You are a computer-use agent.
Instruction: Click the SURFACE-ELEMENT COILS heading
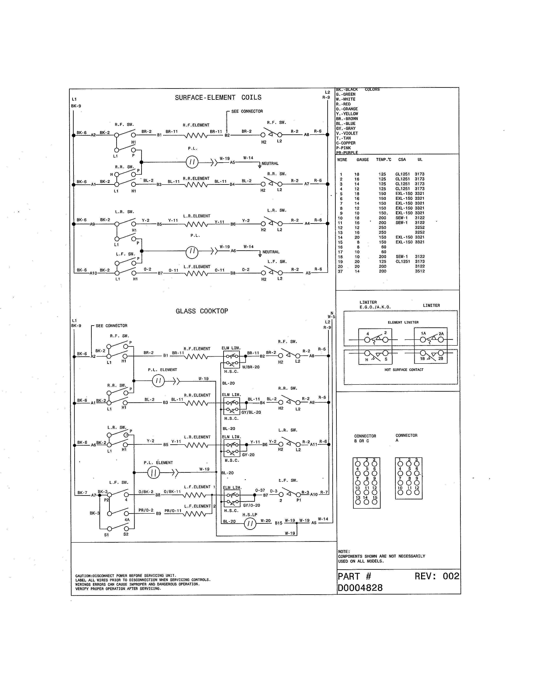click(x=218, y=97)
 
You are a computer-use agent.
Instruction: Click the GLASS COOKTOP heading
click(x=202, y=311)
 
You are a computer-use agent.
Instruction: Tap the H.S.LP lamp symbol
click(x=250, y=523)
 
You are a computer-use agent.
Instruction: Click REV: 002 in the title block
click(x=437, y=576)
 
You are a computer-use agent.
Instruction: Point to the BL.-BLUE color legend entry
click(x=346, y=124)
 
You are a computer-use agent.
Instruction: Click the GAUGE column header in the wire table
click(x=363, y=160)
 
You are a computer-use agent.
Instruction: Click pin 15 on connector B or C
click(x=375, y=502)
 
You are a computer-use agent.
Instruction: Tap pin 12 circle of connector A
click(x=417, y=492)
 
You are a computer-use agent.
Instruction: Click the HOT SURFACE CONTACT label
click(x=404, y=370)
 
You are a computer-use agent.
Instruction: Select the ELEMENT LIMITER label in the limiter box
click(x=403, y=322)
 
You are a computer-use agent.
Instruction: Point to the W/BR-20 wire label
click(x=251, y=367)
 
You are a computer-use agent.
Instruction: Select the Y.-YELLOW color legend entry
click(x=347, y=114)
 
